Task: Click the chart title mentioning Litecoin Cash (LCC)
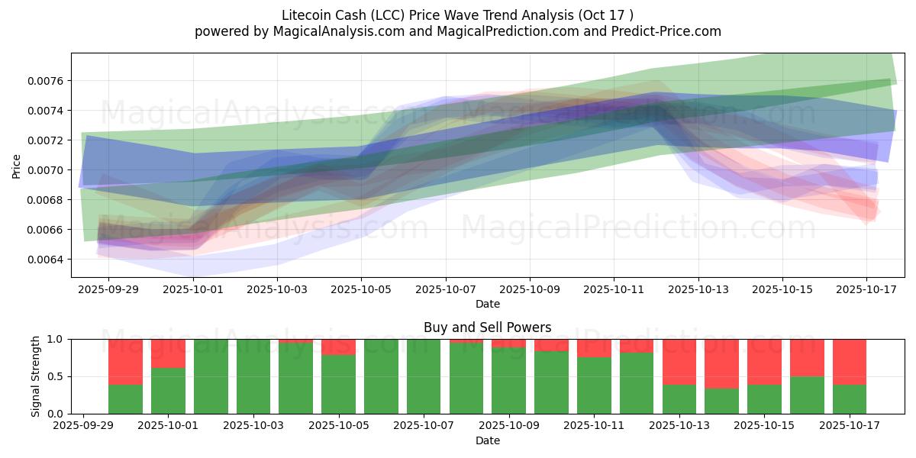coord(457,15)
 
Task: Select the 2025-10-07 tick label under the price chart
coord(446,290)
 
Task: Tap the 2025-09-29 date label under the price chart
coord(108,290)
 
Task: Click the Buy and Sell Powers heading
coord(488,327)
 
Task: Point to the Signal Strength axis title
coord(36,376)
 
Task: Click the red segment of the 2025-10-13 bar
coord(679,361)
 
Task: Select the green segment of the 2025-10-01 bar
coord(168,391)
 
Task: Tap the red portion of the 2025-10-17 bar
coord(850,361)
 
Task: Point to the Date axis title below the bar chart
coord(488,440)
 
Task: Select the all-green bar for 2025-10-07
coord(424,376)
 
